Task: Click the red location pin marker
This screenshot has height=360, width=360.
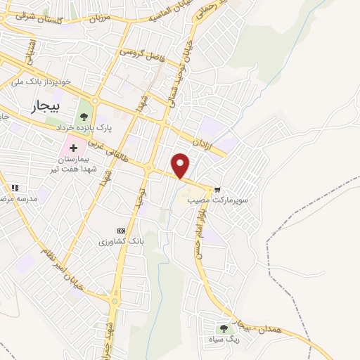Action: click(x=181, y=165)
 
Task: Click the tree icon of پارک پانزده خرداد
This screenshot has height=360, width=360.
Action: click(x=84, y=117)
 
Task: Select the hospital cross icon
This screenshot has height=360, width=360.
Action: click(x=74, y=148)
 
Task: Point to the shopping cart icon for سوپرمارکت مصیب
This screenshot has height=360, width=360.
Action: click(x=218, y=188)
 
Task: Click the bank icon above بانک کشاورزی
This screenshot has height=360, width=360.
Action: click(x=122, y=231)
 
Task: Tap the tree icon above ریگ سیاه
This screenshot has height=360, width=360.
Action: click(x=224, y=328)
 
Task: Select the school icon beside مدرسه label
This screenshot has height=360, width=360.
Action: click(x=14, y=188)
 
